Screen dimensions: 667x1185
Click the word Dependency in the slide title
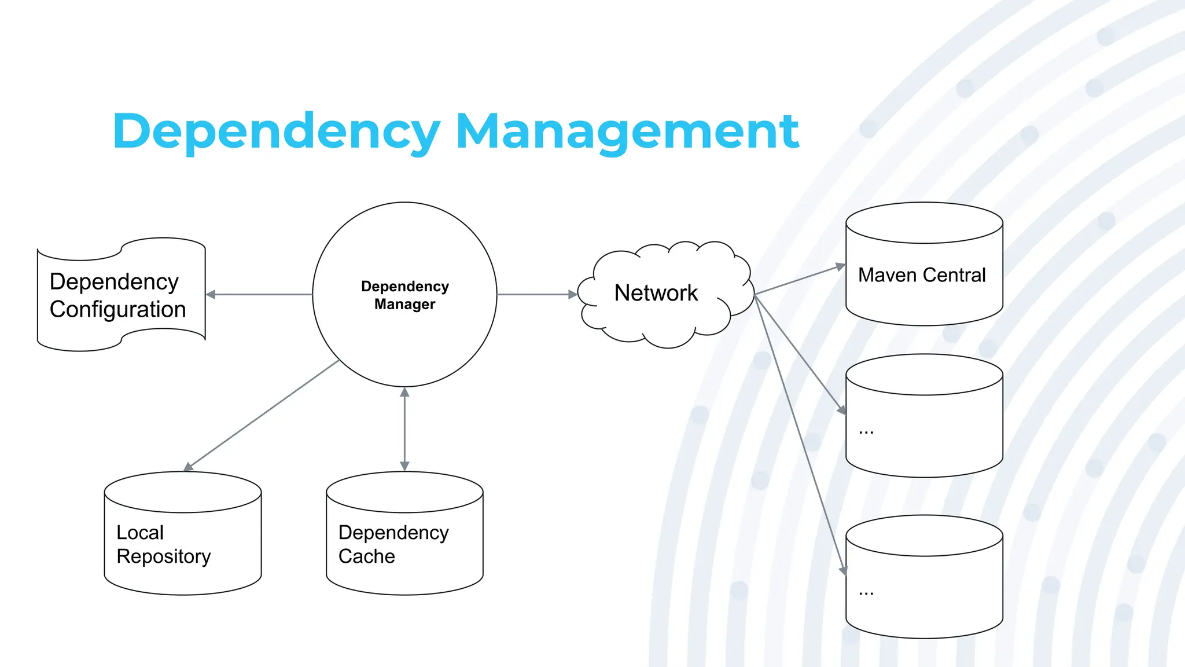277,132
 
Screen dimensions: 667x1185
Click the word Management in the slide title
628,132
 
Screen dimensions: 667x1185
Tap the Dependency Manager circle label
404,295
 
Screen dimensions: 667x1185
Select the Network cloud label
656,293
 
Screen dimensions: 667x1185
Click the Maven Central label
922,275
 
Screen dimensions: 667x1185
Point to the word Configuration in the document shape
117,310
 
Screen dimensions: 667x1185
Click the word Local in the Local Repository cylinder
140,533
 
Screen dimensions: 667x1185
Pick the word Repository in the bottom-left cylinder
164,556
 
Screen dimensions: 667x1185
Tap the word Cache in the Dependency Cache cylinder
366,556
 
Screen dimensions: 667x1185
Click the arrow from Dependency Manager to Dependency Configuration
260,295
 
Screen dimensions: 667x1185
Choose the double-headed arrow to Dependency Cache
404,428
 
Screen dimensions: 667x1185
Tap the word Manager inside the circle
404,304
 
